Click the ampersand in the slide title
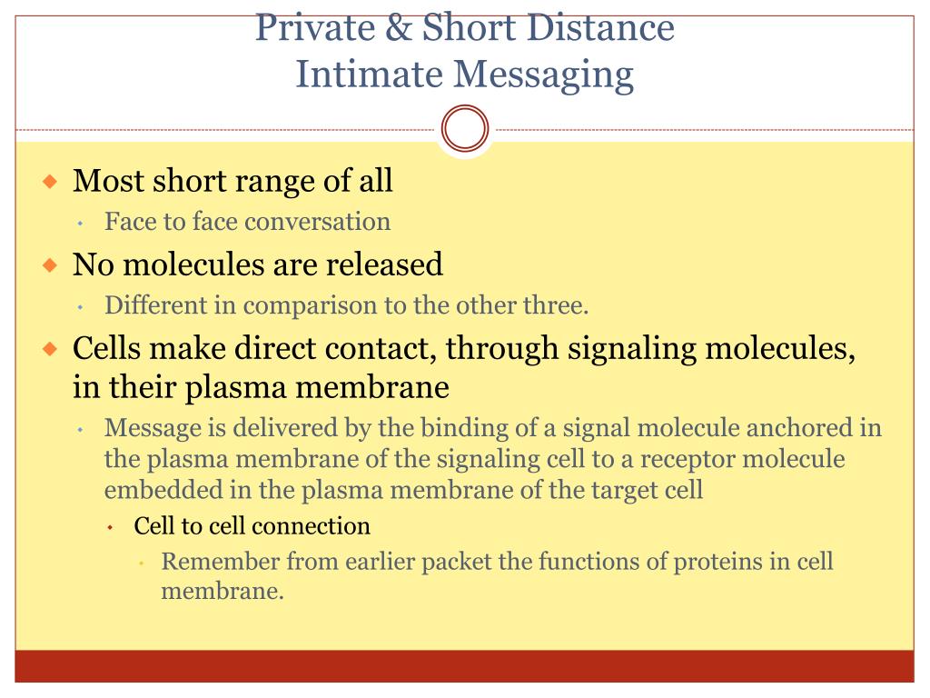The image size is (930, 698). pos(398,27)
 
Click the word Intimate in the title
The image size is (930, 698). pos(369,75)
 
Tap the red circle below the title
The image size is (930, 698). pos(465,128)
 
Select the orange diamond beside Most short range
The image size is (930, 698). pos(51,181)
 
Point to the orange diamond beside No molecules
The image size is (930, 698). pos(51,264)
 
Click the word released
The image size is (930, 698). pos(384,264)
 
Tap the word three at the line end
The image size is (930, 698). pos(556,305)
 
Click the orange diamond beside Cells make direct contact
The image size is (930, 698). pos(51,348)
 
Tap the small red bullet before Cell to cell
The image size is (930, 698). pos(110,527)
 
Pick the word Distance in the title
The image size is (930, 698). pos(600,27)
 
